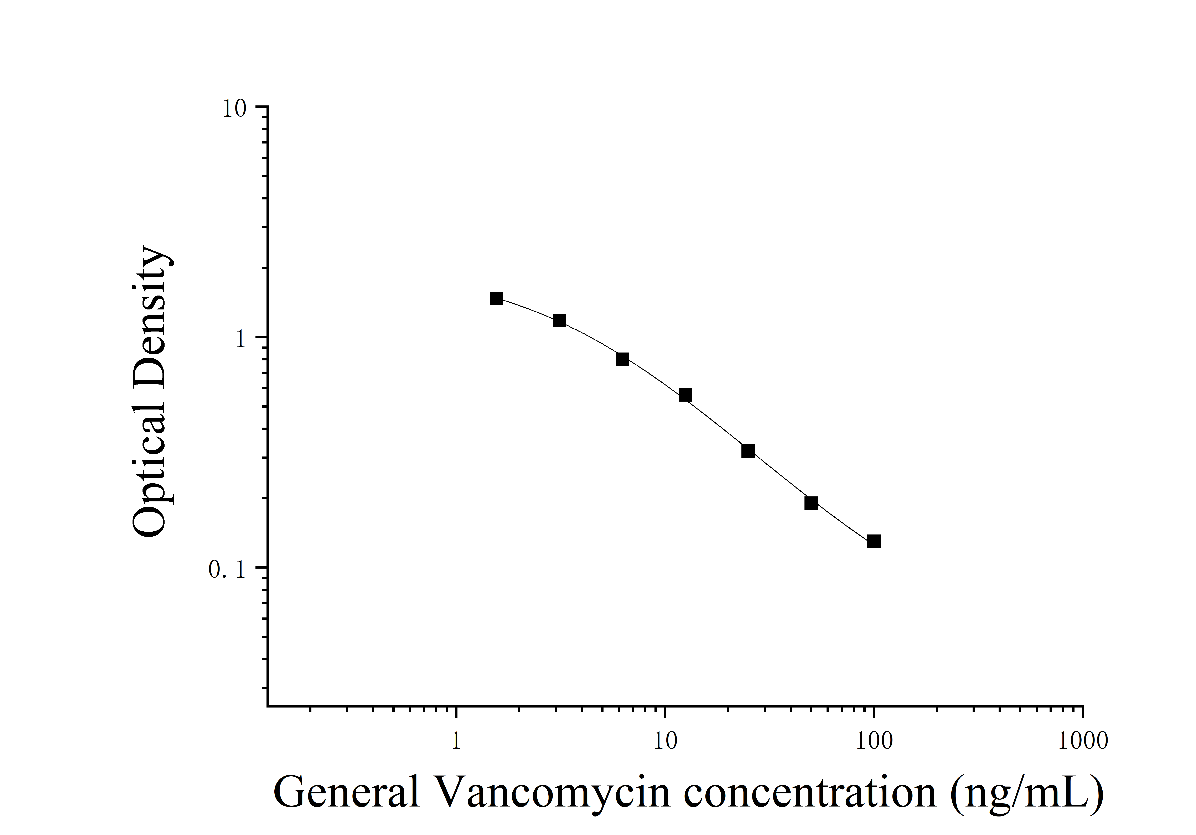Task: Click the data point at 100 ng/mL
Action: (x=874, y=541)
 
